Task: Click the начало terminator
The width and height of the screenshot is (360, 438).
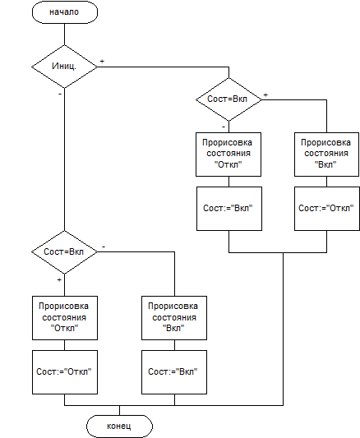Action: click(x=65, y=12)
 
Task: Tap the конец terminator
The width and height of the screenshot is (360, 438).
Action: click(x=119, y=426)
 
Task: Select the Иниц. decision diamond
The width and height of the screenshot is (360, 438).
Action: click(x=64, y=67)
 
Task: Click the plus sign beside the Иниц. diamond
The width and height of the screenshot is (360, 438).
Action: click(x=102, y=61)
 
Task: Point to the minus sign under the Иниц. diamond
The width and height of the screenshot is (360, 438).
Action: click(x=60, y=95)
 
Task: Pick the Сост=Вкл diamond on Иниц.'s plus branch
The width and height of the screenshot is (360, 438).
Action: click(x=228, y=99)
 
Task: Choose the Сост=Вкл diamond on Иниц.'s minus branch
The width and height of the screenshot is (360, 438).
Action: click(x=64, y=252)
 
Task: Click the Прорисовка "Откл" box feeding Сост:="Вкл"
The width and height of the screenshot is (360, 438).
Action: click(x=228, y=154)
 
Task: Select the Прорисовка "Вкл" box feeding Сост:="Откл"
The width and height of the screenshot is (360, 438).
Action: click(x=326, y=154)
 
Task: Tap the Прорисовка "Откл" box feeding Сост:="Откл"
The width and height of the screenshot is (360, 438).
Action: click(x=65, y=318)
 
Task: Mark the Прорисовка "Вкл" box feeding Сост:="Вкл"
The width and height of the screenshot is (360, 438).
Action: click(x=174, y=318)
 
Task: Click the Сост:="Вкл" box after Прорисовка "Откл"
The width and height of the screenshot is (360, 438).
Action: click(x=229, y=209)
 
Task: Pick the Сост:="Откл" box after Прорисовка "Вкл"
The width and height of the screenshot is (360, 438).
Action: click(x=327, y=209)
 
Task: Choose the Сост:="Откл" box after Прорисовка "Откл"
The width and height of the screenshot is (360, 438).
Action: click(x=65, y=372)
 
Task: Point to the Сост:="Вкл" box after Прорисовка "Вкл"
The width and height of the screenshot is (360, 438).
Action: click(x=174, y=372)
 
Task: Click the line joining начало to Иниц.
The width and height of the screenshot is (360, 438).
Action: click(x=64, y=34)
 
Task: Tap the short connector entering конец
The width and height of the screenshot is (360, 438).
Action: click(x=119, y=410)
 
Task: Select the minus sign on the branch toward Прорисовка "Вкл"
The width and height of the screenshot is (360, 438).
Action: click(x=104, y=247)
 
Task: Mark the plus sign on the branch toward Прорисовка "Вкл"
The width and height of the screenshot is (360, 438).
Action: click(x=265, y=95)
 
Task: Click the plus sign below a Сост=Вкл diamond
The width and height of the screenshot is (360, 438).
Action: click(x=59, y=279)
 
